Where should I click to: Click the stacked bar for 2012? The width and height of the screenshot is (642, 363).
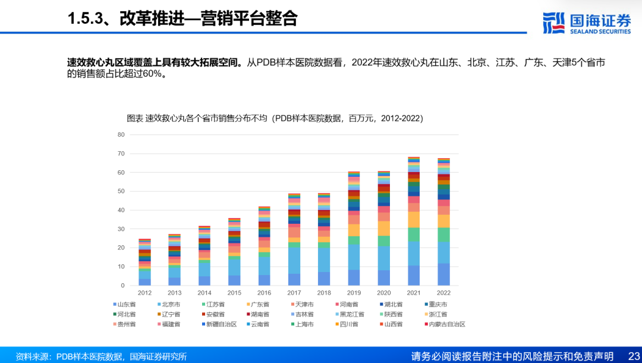click(x=144, y=262)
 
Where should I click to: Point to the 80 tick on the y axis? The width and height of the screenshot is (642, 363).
click(x=121, y=134)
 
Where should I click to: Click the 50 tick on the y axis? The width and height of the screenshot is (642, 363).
click(x=121, y=191)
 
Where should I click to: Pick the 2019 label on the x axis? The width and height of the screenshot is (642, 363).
click(x=354, y=293)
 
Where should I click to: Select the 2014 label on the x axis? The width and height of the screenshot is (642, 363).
click(x=204, y=293)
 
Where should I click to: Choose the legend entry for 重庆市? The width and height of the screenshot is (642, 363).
click(x=441, y=304)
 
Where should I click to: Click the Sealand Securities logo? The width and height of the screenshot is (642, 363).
click(x=587, y=23)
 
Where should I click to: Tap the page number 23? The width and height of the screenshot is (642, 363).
click(x=633, y=356)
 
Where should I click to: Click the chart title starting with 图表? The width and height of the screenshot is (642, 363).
click(x=275, y=118)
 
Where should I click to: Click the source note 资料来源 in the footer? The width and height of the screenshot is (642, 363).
click(x=101, y=356)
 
